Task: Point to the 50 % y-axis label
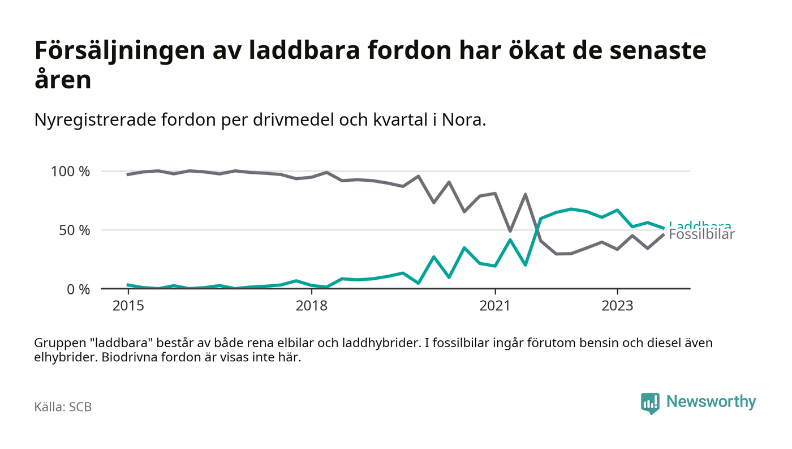coord(75,230)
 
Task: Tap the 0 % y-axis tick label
coord(79,289)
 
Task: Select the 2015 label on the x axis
coord(128,306)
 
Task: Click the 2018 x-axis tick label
coord(312,306)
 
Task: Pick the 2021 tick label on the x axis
coord(495,306)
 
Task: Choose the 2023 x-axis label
coord(617,306)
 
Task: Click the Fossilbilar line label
coord(701,235)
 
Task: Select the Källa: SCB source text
coord(63,407)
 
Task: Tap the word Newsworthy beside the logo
coord(711,402)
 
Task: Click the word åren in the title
coord(63,80)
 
